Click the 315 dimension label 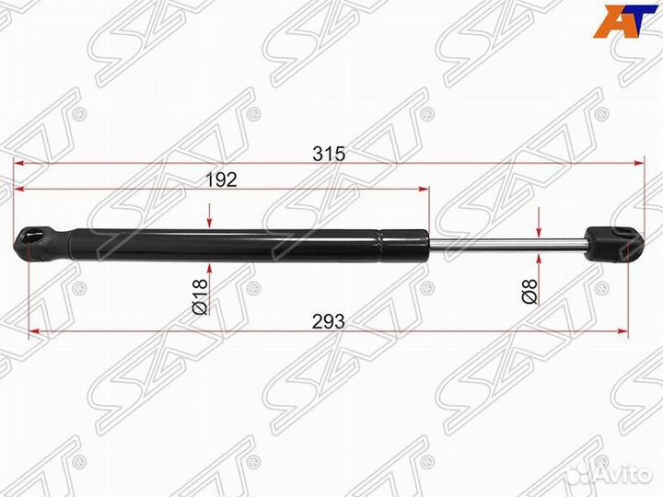tap(329, 154)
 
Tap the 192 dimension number tap(221, 180)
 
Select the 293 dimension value tap(329, 322)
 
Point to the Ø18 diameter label tap(200, 296)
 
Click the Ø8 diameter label tap(529, 291)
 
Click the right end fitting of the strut tap(615, 243)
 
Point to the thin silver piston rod tap(507, 244)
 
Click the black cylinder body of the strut tap(249, 245)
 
